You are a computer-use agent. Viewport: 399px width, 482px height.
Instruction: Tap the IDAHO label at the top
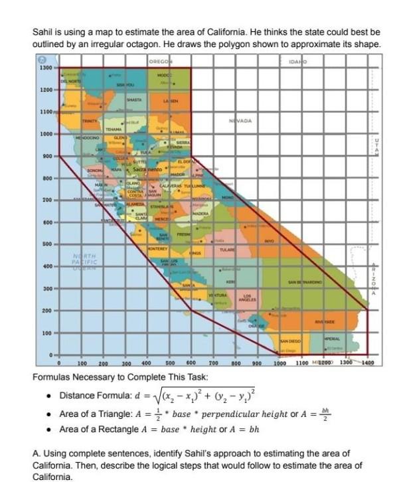[298, 61]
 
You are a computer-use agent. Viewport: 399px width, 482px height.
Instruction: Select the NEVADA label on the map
[239, 121]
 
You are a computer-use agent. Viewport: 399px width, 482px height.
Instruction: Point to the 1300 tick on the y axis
[46, 68]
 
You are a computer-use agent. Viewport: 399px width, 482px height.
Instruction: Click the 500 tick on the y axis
[47, 244]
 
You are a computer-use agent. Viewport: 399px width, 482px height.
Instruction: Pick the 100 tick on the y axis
[47, 333]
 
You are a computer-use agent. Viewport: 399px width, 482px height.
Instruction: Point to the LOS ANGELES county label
[247, 297]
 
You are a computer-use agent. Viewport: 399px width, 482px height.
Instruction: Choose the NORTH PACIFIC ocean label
[86, 260]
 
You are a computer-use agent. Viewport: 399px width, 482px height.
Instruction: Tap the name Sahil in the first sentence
[43, 32]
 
